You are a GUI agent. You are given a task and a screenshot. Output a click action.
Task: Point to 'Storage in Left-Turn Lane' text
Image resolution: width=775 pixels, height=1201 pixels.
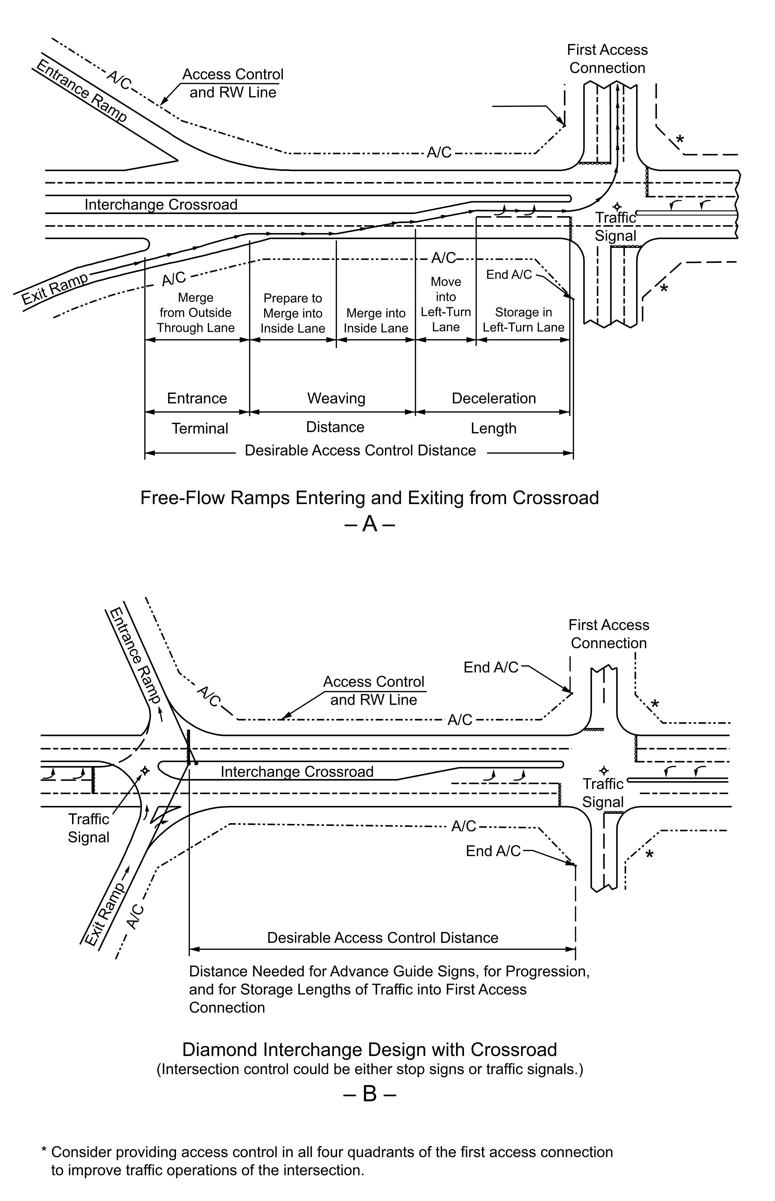pos(523,320)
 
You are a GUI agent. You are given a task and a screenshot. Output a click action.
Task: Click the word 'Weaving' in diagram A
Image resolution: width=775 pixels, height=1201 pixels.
pos(336,398)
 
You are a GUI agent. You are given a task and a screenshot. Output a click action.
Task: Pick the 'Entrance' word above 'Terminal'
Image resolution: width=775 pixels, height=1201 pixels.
pos(197,398)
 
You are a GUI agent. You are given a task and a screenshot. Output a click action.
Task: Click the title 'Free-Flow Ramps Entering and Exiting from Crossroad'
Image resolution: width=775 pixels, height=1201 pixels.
pos(369,498)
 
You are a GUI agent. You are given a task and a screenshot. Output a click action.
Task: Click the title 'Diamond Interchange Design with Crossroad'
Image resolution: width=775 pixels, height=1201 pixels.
pos(369,1049)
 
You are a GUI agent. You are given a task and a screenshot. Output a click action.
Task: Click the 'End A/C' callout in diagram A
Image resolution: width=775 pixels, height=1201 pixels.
pos(509,275)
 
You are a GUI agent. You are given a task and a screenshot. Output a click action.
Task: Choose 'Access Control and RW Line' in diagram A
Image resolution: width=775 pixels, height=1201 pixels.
pos(233,84)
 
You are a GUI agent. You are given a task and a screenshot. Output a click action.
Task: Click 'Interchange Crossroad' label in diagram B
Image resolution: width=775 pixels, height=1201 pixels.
pos(297,772)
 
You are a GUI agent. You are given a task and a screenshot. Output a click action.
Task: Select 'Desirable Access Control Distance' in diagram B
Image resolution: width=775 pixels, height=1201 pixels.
pos(382,938)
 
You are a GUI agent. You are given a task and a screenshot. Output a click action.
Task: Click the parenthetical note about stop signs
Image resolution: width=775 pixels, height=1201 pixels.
pos(369,1069)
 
